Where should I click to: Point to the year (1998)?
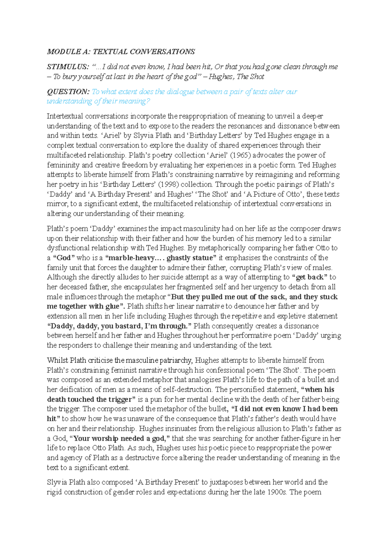click(168, 184)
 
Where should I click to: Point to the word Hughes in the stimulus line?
click(221, 77)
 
